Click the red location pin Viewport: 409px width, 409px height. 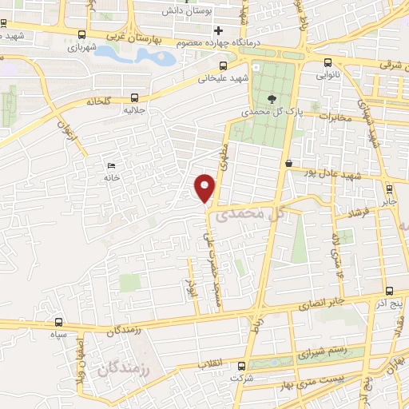click(x=205, y=187)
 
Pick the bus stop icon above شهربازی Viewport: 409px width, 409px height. click(x=81, y=34)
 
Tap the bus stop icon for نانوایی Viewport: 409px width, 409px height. click(x=328, y=63)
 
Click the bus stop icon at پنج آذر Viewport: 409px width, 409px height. click(x=388, y=292)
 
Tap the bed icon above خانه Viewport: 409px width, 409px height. click(x=110, y=165)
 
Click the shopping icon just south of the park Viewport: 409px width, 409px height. click(x=288, y=163)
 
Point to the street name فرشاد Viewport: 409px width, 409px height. click(x=351, y=213)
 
